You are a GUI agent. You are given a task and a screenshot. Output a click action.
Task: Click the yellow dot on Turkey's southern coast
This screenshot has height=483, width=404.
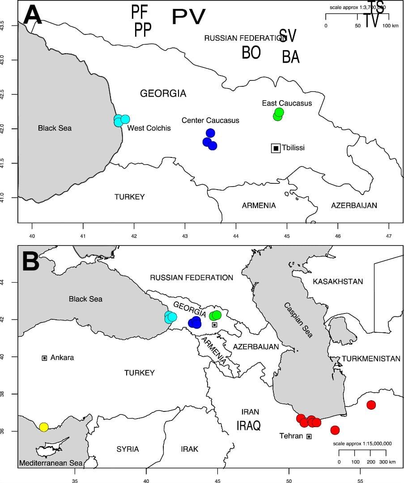[43, 427]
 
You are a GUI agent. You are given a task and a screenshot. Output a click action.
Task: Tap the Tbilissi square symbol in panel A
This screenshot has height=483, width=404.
[276, 148]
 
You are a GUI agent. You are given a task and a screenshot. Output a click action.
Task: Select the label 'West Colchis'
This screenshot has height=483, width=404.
[149, 128]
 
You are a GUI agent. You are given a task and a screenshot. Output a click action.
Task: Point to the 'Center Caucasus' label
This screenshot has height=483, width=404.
[210, 120]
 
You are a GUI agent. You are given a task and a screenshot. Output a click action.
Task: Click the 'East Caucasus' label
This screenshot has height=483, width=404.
[287, 103]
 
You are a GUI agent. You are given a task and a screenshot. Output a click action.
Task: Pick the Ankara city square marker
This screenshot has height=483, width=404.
[44, 358]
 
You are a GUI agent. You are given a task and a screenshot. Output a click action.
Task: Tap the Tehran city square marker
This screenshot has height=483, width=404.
[309, 436]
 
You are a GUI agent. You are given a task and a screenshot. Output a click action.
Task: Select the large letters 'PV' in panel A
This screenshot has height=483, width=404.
[189, 17]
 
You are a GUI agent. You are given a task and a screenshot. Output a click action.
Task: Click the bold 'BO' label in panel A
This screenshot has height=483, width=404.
[251, 53]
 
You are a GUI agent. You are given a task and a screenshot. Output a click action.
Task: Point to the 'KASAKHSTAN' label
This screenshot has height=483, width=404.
[338, 282]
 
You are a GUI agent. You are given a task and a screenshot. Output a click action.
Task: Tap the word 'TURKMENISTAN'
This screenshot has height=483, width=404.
[371, 359]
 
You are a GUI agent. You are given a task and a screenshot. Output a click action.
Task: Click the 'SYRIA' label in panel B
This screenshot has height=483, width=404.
[128, 449]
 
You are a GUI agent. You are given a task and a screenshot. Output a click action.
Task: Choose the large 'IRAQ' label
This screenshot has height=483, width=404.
[248, 425]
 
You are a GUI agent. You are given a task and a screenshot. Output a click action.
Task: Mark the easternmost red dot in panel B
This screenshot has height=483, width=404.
[371, 405]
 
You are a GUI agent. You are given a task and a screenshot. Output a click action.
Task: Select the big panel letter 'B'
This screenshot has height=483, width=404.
[31, 262]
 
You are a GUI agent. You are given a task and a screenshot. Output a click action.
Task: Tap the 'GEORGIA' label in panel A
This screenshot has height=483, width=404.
[163, 93]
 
